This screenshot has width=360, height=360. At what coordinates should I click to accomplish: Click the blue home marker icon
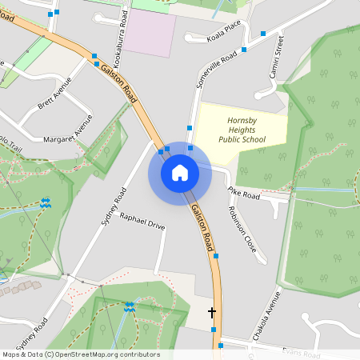coord(180,173)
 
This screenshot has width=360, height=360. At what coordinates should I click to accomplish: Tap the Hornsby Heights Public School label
coord(242,129)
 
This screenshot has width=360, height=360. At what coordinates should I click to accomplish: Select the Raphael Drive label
coord(142,222)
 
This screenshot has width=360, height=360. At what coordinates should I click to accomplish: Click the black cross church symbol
coord(212,312)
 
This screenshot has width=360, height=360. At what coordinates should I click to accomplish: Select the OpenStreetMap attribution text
coord(80,354)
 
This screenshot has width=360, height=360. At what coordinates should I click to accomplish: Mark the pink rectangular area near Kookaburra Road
coord(151,34)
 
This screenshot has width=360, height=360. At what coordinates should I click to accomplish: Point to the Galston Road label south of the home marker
coord(202,226)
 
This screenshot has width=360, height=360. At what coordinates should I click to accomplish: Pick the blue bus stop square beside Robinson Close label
coord(216,256)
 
